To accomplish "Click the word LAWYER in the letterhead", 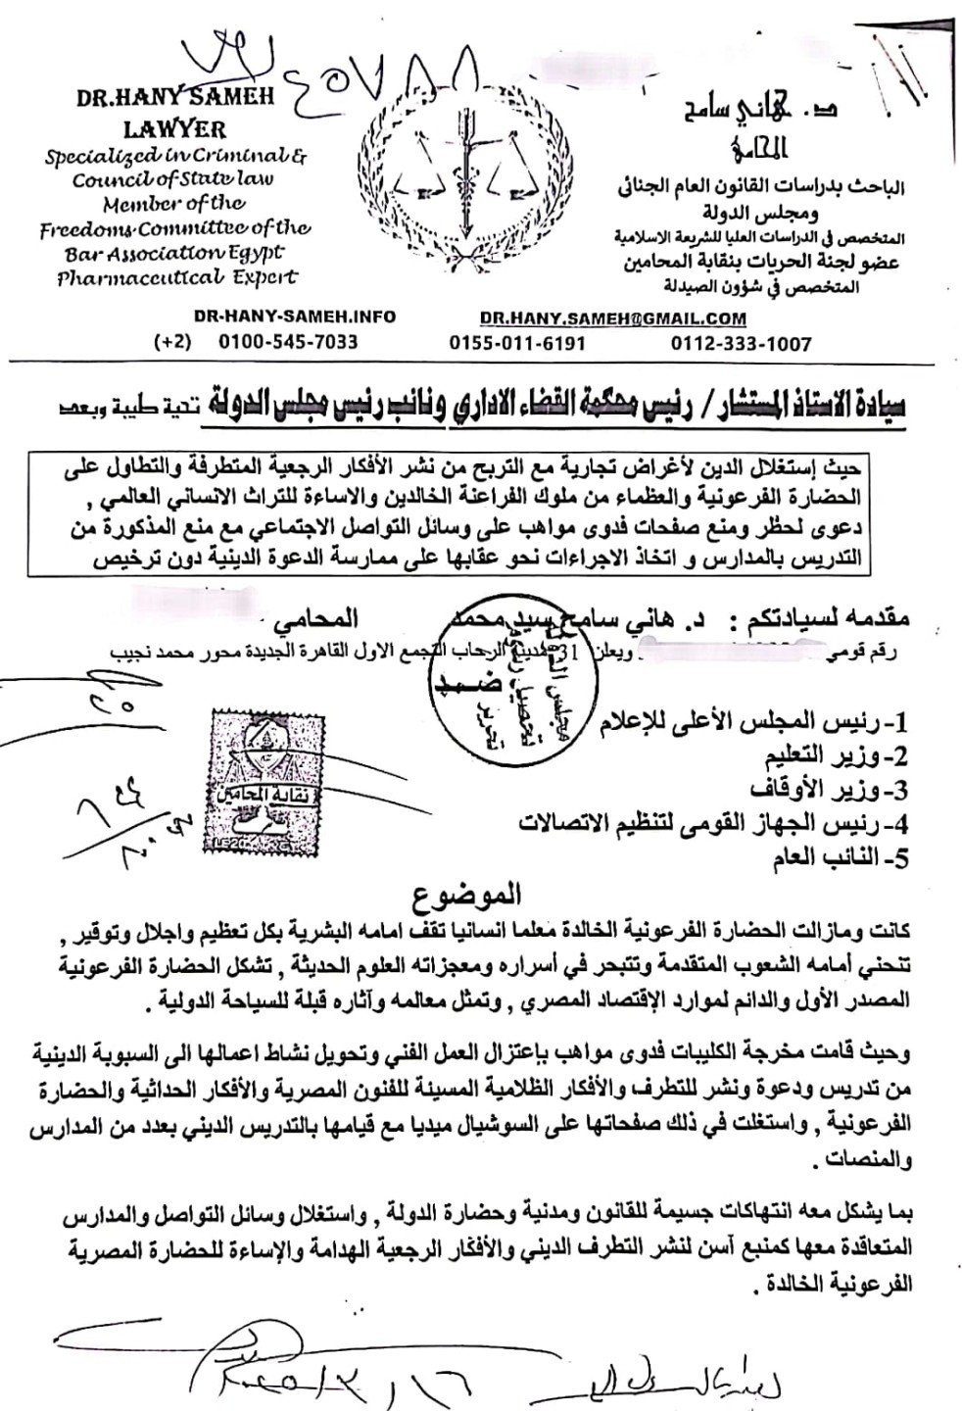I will point(174,128).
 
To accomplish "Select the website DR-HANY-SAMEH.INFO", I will point(295,316).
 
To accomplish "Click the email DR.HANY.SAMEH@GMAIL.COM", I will point(613,318).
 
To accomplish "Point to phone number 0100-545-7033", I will point(288,342).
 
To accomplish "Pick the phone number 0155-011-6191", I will point(517,343).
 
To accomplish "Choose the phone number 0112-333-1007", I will point(741,343).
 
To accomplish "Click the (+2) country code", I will point(172,342).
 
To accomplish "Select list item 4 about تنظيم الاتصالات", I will point(715,822).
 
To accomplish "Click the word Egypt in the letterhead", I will point(255,252).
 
